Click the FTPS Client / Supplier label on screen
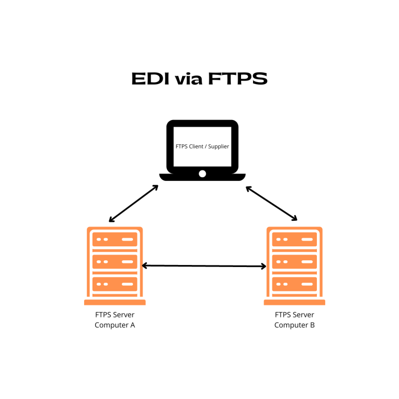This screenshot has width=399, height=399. tap(202, 147)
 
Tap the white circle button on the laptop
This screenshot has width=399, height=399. tap(202, 174)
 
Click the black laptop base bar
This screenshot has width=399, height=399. tap(202, 178)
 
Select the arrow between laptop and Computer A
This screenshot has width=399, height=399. tap(134, 203)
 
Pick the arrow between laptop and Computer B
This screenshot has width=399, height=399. tap(272, 203)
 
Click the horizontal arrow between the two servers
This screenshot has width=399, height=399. tap(204, 266)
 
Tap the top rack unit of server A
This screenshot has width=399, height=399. tap(115, 240)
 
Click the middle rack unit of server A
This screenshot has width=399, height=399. tap(115, 261)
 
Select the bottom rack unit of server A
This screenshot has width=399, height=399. tap(115, 284)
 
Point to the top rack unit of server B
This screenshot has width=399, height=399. tap(295, 240)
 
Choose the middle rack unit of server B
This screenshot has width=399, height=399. tap(295, 261)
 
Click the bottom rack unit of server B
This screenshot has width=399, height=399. tap(295, 284)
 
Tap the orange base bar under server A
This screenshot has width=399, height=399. tap(115, 302)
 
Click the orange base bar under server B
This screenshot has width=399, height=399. tap(295, 302)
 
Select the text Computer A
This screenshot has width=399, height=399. tap(115, 325)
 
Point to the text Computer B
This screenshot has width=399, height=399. tap(295, 325)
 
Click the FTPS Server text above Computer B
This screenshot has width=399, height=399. tap(295, 315)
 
